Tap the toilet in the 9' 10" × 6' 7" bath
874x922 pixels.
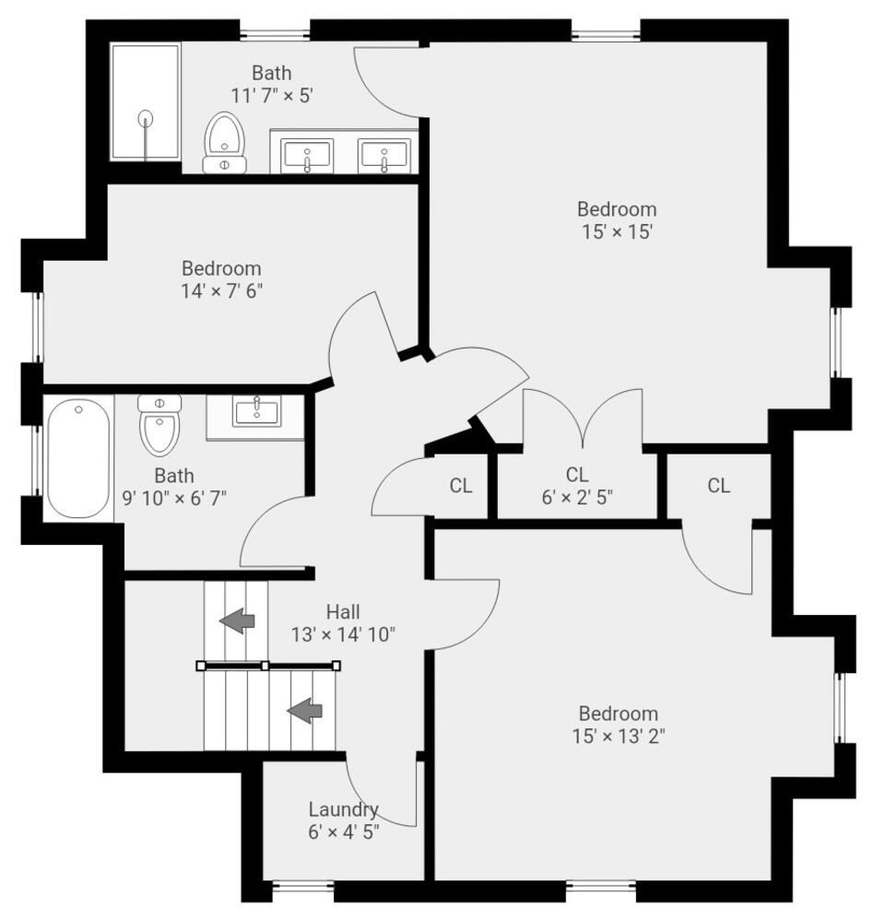pyautogui.click(x=159, y=425)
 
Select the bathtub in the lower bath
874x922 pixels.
pyautogui.click(x=78, y=458)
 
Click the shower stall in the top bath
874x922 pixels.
pyautogui.click(x=146, y=102)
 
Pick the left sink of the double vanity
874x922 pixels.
pyautogui.click(x=307, y=154)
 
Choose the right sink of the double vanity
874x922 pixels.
pyautogui.click(x=384, y=154)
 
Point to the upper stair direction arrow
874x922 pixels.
pyautogui.click(x=237, y=621)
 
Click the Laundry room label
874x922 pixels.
pyautogui.click(x=343, y=810)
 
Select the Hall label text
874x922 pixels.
pyautogui.click(x=343, y=611)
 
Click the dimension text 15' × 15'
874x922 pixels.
pyautogui.click(x=617, y=231)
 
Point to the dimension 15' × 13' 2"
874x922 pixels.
pyautogui.click(x=618, y=736)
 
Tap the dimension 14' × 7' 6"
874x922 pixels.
pyautogui.click(x=221, y=290)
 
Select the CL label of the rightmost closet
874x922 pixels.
pyautogui.click(x=719, y=485)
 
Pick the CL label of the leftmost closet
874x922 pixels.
pyautogui.click(x=461, y=485)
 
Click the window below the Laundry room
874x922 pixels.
pyautogui.click(x=302, y=891)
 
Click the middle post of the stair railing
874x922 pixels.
pyautogui.click(x=266, y=665)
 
